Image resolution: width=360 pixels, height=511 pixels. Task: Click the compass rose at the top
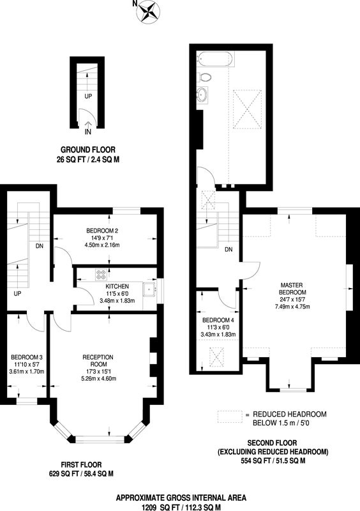(x=148, y=11)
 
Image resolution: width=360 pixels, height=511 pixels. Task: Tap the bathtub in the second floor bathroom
(x=215, y=59)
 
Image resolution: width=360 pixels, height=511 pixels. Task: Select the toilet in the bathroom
(x=204, y=77)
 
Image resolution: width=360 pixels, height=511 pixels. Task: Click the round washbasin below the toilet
(x=202, y=95)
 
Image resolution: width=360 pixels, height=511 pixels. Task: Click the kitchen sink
(x=149, y=289)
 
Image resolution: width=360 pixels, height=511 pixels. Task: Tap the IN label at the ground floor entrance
(x=88, y=132)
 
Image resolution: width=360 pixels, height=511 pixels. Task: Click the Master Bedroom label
(x=292, y=289)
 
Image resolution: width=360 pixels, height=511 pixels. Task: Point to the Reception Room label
(x=98, y=361)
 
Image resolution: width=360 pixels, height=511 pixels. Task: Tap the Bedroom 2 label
(x=102, y=231)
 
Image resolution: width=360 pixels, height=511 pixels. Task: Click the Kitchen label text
(x=117, y=286)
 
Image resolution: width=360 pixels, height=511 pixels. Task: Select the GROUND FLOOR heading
(x=88, y=150)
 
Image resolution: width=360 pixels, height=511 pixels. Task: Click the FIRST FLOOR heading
(x=81, y=465)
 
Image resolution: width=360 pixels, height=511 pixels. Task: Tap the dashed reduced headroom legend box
(x=230, y=417)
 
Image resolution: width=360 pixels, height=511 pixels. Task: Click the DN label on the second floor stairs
(x=229, y=250)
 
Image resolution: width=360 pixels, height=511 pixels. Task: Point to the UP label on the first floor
(x=18, y=294)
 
